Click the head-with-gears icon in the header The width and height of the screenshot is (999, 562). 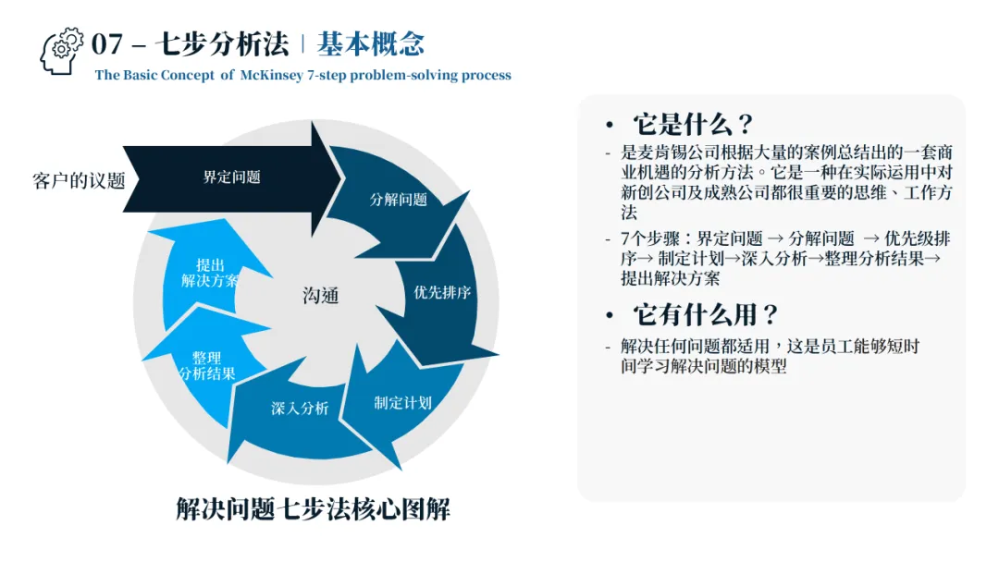click(x=62, y=51)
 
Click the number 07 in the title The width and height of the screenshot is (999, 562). click(x=107, y=43)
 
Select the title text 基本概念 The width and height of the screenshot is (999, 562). click(x=370, y=43)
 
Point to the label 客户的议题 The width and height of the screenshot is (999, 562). click(x=79, y=180)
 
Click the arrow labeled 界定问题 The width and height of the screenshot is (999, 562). click(x=231, y=177)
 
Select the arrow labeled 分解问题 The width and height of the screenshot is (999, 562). click(x=399, y=200)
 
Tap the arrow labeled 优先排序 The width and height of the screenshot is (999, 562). click(x=442, y=293)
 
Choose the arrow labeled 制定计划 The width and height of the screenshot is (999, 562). click(x=402, y=402)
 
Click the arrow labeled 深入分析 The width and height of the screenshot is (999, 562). click(x=299, y=409)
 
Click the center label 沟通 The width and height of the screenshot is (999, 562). click(x=321, y=296)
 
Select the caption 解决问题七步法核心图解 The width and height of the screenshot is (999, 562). click(x=313, y=508)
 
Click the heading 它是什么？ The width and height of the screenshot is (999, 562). click(x=693, y=125)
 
